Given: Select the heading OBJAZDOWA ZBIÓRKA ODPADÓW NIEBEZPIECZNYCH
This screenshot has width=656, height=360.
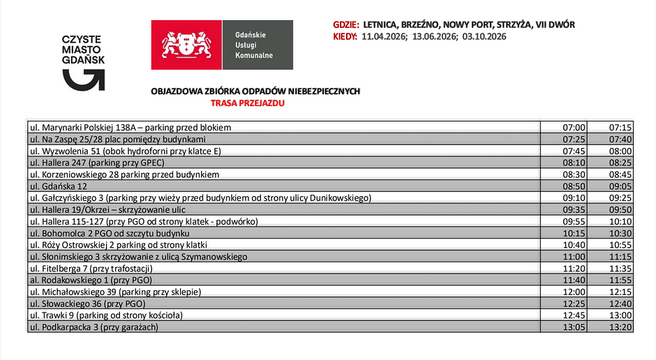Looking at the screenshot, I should (255, 91).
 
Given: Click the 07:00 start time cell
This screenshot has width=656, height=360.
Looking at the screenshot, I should (574, 128).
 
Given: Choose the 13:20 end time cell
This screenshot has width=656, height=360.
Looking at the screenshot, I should (620, 327).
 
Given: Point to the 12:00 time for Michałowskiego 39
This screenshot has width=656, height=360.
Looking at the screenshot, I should (574, 292).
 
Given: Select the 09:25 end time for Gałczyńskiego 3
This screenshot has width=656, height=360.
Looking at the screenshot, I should (620, 198).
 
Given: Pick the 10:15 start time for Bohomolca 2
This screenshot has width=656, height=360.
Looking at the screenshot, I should (574, 233).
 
